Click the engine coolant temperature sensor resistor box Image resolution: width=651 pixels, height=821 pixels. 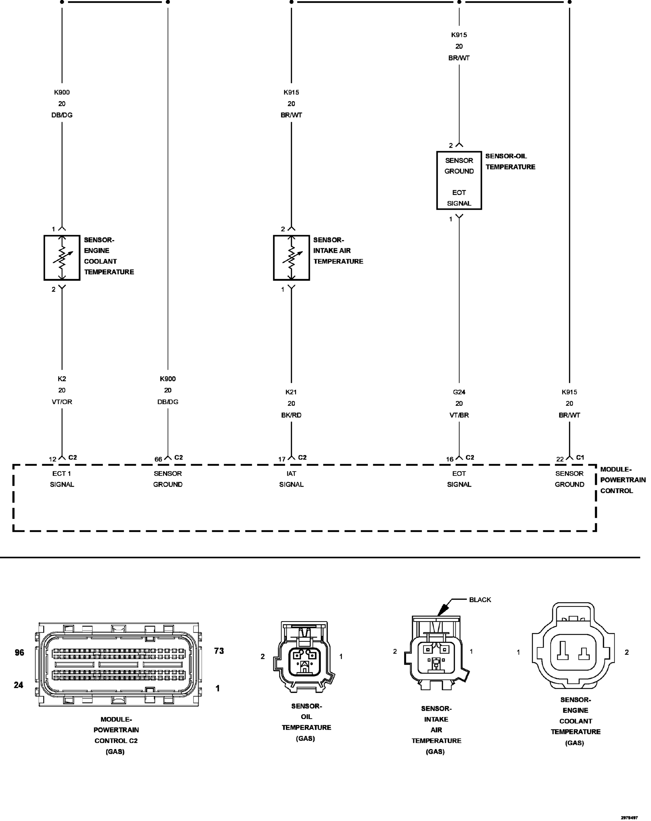(62, 258)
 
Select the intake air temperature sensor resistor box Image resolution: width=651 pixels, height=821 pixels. (291, 258)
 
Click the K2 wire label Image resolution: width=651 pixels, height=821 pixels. (62, 379)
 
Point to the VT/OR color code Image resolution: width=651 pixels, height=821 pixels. (62, 402)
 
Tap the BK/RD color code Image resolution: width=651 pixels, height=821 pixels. (291, 415)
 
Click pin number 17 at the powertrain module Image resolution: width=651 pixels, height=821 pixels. (282, 459)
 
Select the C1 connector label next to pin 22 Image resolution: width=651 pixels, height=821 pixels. (580, 457)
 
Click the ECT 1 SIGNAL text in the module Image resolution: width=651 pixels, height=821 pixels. (62, 479)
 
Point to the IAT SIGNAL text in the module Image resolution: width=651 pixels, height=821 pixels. (291, 479)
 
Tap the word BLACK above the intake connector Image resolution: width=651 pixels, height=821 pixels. (480, 600)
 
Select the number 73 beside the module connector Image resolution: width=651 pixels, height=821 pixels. (219, 651)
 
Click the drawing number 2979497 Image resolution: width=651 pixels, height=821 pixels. (629, 817)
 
